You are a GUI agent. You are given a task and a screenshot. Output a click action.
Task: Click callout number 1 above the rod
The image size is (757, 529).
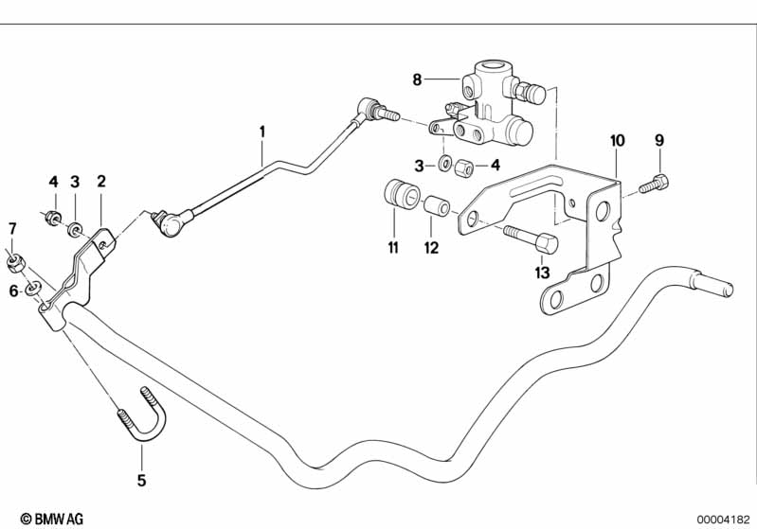(264, 132)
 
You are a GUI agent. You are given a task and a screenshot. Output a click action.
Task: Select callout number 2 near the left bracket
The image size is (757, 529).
(101, 181)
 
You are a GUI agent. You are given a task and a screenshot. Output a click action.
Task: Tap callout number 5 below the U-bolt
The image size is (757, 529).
(141, 480)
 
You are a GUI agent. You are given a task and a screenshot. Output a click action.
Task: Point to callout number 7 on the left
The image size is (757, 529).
(12, 228)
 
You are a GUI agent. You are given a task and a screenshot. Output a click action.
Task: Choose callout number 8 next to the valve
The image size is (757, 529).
(417, 80)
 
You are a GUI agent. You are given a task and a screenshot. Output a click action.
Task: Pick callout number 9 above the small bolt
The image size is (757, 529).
(658, 141)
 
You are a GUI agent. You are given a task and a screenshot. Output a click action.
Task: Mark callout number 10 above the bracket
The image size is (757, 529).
(617, 141)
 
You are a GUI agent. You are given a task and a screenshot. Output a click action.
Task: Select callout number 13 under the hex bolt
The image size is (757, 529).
(542, 273)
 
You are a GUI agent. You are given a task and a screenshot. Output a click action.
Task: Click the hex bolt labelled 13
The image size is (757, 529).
(531, 238)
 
